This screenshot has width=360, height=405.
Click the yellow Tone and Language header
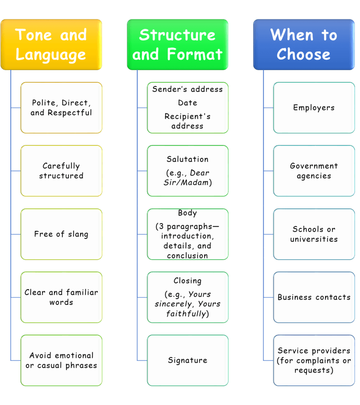coord(51,44)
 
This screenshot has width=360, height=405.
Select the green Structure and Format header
coord(177,44)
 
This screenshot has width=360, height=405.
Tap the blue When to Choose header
coord(303,44)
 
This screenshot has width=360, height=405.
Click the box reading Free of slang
coord(61,234)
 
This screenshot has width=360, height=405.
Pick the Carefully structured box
coord(61,171)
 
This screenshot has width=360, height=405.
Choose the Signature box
coord(188,360)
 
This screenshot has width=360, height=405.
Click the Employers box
coord(314,108)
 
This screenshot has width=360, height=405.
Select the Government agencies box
coord(314,171)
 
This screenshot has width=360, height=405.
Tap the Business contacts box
coord(314,297)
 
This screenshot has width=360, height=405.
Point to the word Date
coord(188,103)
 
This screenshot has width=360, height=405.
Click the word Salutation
coord(188,159)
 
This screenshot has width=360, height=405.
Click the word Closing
coord(188,281)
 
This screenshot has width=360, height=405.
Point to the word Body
coord(188,213)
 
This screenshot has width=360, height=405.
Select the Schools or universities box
coord(314,234)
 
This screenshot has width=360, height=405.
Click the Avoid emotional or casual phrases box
coord(61,360)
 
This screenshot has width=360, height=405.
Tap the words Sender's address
coord(188,89)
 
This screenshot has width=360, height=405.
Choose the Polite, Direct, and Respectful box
coord(61,108)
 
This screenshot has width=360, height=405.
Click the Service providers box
coord(314,360)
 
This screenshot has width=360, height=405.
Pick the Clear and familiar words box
coord(61,297)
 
